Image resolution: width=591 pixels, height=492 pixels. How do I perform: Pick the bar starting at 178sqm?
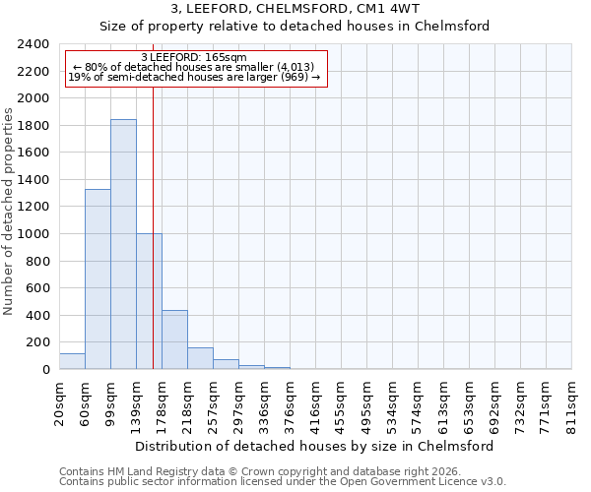174,339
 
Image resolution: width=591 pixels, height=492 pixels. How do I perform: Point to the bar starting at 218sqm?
200,358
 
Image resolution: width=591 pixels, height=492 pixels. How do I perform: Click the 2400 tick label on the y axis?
33,44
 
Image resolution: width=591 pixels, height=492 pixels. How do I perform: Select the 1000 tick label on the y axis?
33,234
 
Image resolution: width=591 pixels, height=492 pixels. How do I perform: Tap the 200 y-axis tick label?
38,342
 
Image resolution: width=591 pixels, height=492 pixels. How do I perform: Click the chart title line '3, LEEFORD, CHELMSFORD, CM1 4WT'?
295,9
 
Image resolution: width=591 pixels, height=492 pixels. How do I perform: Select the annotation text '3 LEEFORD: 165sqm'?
194,58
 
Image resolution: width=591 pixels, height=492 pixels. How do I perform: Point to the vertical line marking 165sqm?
153,197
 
